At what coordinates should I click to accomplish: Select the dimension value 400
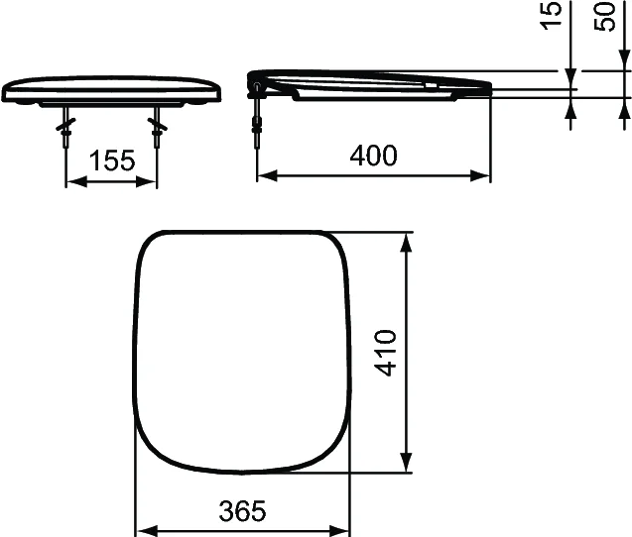click(x=373, y=156)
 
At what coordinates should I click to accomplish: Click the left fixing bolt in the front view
click(x=67, y=129)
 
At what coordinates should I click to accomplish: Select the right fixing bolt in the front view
click(x=156, y=129)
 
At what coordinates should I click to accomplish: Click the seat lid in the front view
click(x=111, y=87)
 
